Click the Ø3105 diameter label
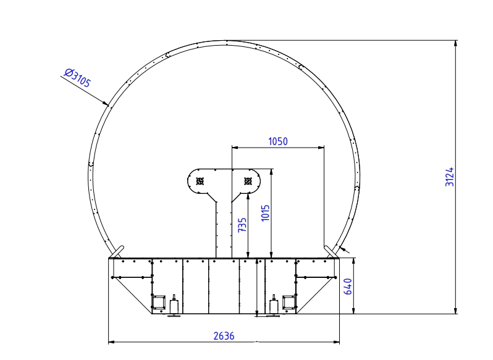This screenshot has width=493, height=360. pyautogui.click(x=77, y=78)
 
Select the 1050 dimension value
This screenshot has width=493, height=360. pyautogui.click(x=278, y=141)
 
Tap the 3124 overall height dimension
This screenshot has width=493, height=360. pyautogui.click(x=450, y=177)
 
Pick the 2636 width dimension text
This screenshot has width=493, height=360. pyautogui.click(x=224, y=336)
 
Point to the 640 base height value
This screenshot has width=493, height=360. pyautogui.click(x=348, y=286)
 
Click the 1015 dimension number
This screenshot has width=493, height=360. pyautogui.click(x=266, y=213)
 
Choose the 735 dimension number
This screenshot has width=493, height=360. pyautogui.click(x=242, y=225)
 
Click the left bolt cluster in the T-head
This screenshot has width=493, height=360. pyautogui.click(x=200, y=181)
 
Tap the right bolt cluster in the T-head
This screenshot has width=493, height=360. pyautogui.click(x=248, y=181)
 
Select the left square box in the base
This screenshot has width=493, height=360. pyautogui.click(x=159, y=302)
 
